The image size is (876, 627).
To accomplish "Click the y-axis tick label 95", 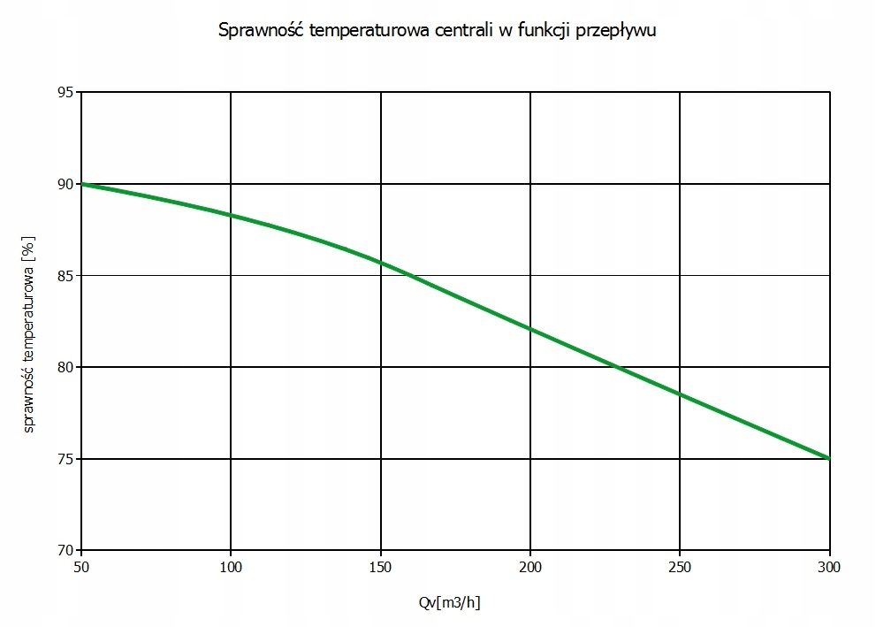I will pos(65,92).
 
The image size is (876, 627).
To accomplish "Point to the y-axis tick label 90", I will pos(65,184).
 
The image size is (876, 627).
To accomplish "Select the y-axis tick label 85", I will pos(65,275).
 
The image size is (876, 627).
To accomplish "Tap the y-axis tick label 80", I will pos(65,367).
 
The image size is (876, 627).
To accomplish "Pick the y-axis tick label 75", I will pos(65,459).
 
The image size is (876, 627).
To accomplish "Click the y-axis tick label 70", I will pos(65,550).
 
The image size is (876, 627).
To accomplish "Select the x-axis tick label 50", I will pos(80,565).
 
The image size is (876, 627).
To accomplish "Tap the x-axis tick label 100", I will pos(231,565).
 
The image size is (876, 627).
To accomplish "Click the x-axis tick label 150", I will pos(380,565).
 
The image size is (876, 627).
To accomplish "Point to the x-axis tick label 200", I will pos(530,565).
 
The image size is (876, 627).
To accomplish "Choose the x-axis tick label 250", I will pos(680,565).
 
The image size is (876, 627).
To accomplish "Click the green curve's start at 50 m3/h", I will pos(81,184).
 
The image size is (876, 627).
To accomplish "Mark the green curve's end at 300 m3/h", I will pos(829,458).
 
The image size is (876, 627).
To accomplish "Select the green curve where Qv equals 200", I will pos(530,329).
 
